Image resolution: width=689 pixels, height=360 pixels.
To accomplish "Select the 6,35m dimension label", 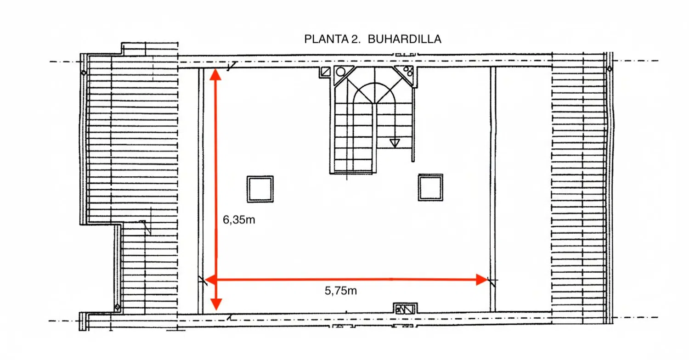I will coord(239,220).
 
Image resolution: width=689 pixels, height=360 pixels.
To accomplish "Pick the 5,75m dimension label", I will coord(340,290).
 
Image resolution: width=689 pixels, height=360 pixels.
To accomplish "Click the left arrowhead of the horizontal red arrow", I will coord(210,279).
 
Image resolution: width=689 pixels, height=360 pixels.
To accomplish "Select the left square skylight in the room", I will coord(260,189).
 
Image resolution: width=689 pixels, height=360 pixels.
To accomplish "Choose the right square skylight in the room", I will coord(431,187).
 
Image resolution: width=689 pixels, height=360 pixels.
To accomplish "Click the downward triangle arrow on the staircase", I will coord(395,143).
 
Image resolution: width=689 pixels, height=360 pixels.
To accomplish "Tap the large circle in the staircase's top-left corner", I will coord(340,72).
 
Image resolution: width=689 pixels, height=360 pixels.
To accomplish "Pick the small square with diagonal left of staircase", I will coord(326,72).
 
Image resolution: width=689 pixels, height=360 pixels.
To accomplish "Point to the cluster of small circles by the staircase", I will coord(408,71).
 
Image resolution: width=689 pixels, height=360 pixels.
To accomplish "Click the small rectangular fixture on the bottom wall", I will coord(405,309).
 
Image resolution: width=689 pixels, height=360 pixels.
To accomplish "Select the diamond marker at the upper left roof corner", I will coord(84,73).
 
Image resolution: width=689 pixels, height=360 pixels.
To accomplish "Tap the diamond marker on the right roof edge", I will coord(610,69).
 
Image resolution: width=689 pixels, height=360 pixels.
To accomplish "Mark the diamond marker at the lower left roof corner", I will coord(118,307).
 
